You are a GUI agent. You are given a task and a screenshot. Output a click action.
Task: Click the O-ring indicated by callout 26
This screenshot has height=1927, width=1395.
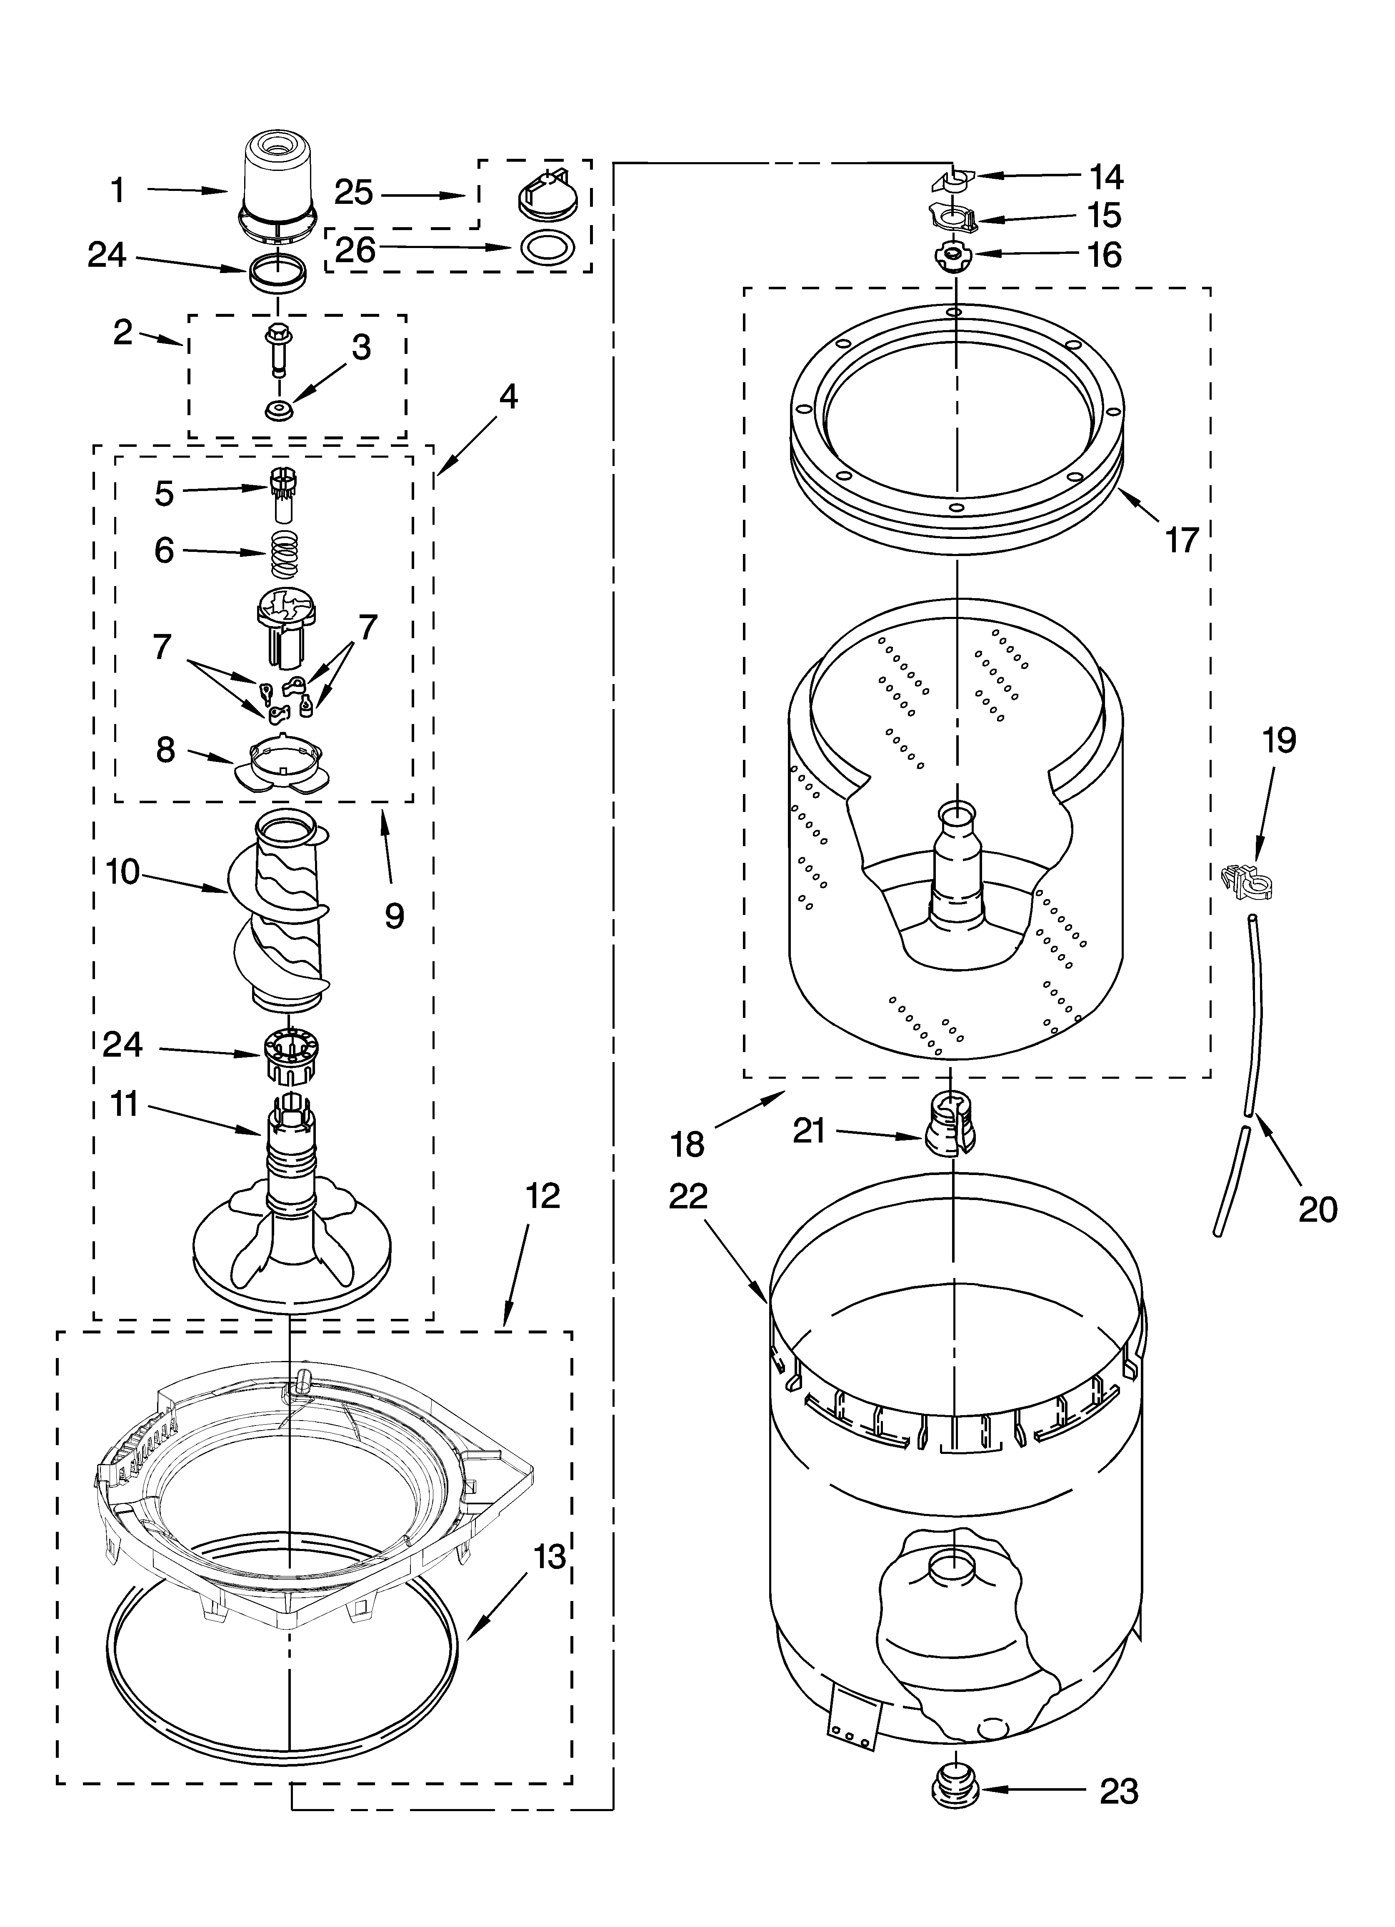[545, 247]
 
